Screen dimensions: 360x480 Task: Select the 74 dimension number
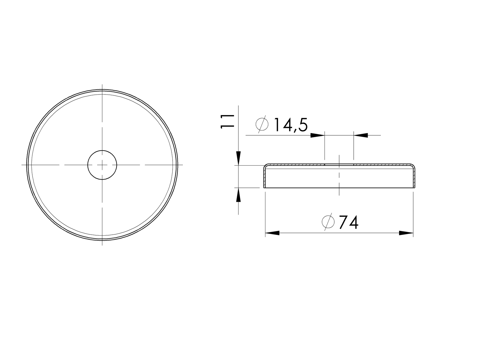pos(349,223)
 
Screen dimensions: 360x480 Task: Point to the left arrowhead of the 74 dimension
pos(272,233)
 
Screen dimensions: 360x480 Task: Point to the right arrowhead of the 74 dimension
pos(406,233)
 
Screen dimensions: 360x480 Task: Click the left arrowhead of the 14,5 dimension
pos(318,135)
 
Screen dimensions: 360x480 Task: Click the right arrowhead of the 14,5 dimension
pos(361,135)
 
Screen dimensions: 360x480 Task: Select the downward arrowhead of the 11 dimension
pos(239,158)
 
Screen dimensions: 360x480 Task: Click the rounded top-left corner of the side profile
pos(265,166)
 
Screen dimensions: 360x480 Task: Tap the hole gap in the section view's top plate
pos(339,165)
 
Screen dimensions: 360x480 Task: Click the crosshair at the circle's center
pos(102,165)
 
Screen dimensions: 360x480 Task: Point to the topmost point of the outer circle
pos(102,90)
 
